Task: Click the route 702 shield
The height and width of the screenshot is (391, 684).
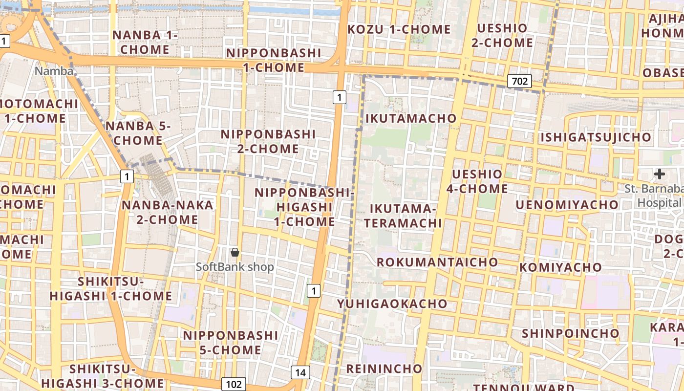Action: [519, 81]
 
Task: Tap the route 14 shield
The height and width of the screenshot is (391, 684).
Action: [300, 373]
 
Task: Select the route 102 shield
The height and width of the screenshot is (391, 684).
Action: [234, 384]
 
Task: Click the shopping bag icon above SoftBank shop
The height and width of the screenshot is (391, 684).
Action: [235, 252]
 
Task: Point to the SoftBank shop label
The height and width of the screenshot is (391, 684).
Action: [235, 267]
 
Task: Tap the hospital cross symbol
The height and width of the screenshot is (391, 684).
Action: [660, 174]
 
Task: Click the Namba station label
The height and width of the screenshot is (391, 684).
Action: [54, 71]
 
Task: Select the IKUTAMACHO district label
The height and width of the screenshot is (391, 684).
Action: [411, 118]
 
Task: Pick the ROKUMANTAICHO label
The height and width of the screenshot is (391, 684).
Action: [437, 262]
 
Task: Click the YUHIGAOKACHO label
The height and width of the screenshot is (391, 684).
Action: [392, 304]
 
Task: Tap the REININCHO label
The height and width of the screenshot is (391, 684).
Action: [384, 368]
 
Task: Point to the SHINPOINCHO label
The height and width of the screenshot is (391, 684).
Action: [571, 333]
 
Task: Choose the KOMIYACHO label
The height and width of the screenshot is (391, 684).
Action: [560, 267]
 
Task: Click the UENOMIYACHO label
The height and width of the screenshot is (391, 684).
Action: [567, 204]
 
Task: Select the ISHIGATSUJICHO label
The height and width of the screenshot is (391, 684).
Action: [596, 137]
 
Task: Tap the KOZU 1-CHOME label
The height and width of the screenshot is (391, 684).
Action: [399, 29]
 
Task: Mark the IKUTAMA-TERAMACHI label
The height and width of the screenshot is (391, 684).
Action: [406, 216]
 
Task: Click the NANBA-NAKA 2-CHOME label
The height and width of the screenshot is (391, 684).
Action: [167, 212]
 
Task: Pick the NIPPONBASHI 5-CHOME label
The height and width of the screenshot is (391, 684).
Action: [231, 343]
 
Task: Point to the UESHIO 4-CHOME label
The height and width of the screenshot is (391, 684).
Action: [477, 181]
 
